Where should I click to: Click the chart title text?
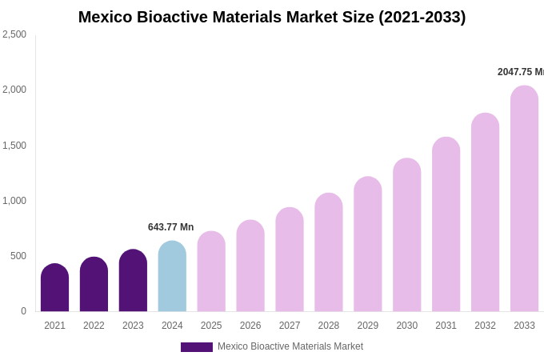[x=272, y=17]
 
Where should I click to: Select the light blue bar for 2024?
[x=172, y=277]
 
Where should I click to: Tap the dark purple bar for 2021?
[x=54, y=288]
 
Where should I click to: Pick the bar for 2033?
[x=524, y=200]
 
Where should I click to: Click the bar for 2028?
[x=328, y=253]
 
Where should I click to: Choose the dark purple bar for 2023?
[x=133, y=281]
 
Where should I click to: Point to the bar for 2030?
[x=406, y=235]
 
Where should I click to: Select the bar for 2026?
[x=250, y=266]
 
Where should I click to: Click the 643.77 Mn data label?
[x=170, y=227]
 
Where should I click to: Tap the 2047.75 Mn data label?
[x=520, y=72]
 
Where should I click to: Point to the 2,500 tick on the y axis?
[x=14, y=34]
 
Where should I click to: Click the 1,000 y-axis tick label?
[x=14, y=201]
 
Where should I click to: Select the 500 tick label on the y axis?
[x=18, y=256]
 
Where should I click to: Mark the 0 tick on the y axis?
[x=23, y=311]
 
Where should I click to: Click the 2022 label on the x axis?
[x=94, y=326]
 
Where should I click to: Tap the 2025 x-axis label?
[x=211, y=326]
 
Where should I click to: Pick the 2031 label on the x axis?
[x=446, y=326]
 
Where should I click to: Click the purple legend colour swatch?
[x=196, y=347]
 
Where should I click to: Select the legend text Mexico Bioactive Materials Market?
[x=290, y=346]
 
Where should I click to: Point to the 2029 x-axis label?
[x=367, y=326]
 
